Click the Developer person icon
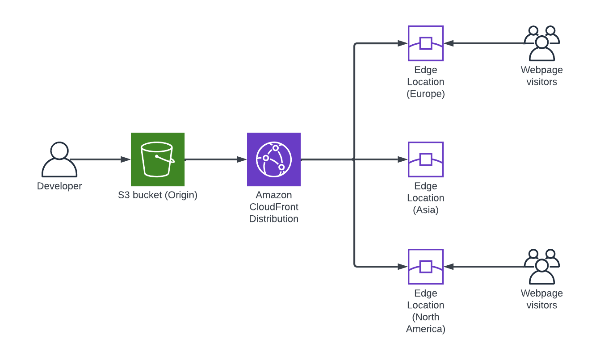(59, 159)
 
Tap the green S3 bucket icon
(157, 159)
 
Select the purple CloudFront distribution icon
(273, 159)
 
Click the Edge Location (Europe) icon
(425, 43)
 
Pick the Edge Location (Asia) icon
(425, 159)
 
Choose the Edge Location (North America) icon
(425, 267)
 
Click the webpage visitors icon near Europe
(541, 43)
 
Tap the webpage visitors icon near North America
(541, 267)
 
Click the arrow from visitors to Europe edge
(485, 43)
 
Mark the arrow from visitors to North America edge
(485, 267)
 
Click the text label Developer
(59, 186)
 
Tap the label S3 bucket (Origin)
(157, 195)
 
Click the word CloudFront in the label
(273, 207)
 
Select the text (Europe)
(425, 94)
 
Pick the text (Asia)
(425, 210)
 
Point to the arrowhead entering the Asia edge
(403, 159)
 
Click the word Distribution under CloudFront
(273, 219)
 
